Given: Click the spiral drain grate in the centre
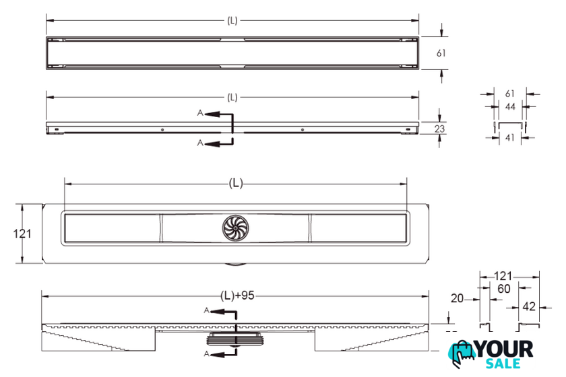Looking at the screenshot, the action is pyautogui.click(x=235, y=228).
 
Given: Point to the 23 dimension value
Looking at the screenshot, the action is pyautogui.click(x=439, y=129).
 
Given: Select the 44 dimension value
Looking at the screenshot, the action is pyautogui.click(x=510, y=106).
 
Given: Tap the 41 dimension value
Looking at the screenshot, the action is pyautogui.click(x=509, y=137).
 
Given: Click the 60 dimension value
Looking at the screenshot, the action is pyautogui.click(x=503, y=289).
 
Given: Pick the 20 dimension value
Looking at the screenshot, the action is pyautogui.click(x=457, y=298).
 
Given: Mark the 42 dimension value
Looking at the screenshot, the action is pyautogui.click(x=529, y=306).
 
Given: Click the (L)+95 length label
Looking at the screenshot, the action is pyautogui.click(x=237, y=296).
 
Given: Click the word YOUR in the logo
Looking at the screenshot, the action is pyautogui.click(x=504, y=349).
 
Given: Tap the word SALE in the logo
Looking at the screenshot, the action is pyautogui.click(x=503, y=364).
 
